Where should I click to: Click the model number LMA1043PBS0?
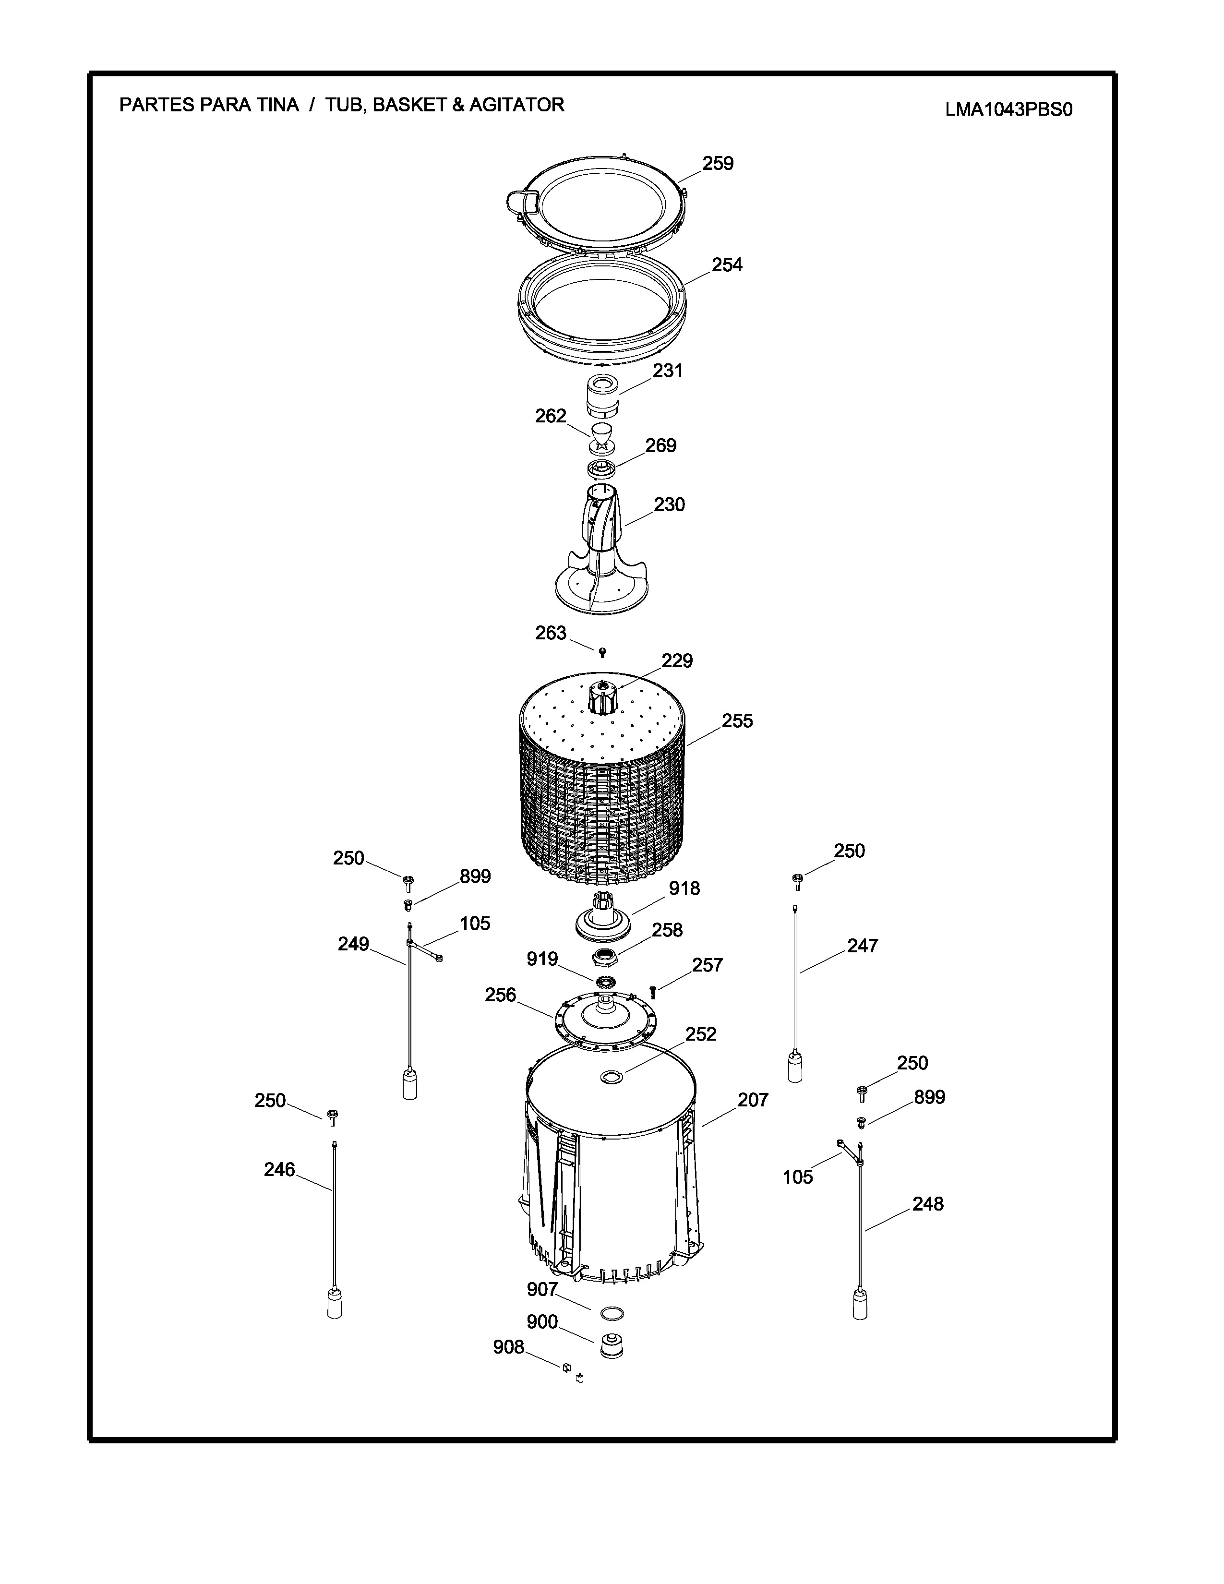pos(1008,109)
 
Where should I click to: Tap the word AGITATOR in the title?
pos(516,105)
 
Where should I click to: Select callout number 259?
pos(718,164)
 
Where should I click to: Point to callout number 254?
pos(727,265)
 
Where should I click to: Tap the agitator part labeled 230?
pos(600,551)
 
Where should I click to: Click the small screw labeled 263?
pos(602,653)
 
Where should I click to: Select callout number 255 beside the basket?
pos(737,721)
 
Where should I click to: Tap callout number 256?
pos(500,995)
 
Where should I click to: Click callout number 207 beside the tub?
pos(753,1100)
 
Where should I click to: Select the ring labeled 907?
pos(613,1313)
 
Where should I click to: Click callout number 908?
pos(508,1347)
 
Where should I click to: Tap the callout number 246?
pos(279,1170)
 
